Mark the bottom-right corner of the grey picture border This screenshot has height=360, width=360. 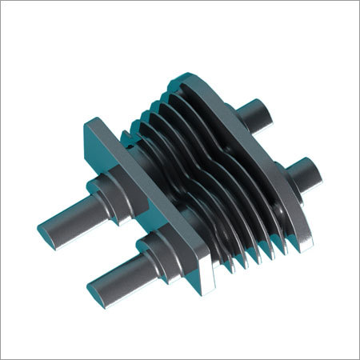point(357,357)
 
